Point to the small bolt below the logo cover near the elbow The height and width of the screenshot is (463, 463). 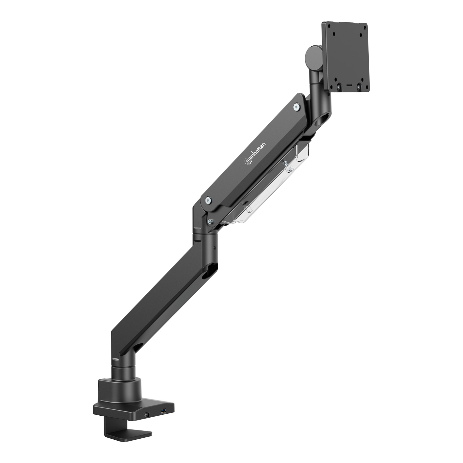coord(211,221)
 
